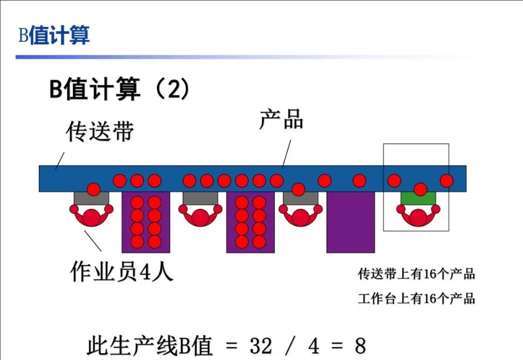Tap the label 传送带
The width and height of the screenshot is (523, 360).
point(99,131)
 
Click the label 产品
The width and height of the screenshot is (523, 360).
point(281,119)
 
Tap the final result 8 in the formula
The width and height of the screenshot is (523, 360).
point(360,346)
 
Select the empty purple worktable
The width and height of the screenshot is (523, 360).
point(351,223)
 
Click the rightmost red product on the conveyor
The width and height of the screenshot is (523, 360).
point(446,181)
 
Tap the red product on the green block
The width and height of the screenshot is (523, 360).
point(420,189)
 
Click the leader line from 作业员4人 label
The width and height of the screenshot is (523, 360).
point(93,241)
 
